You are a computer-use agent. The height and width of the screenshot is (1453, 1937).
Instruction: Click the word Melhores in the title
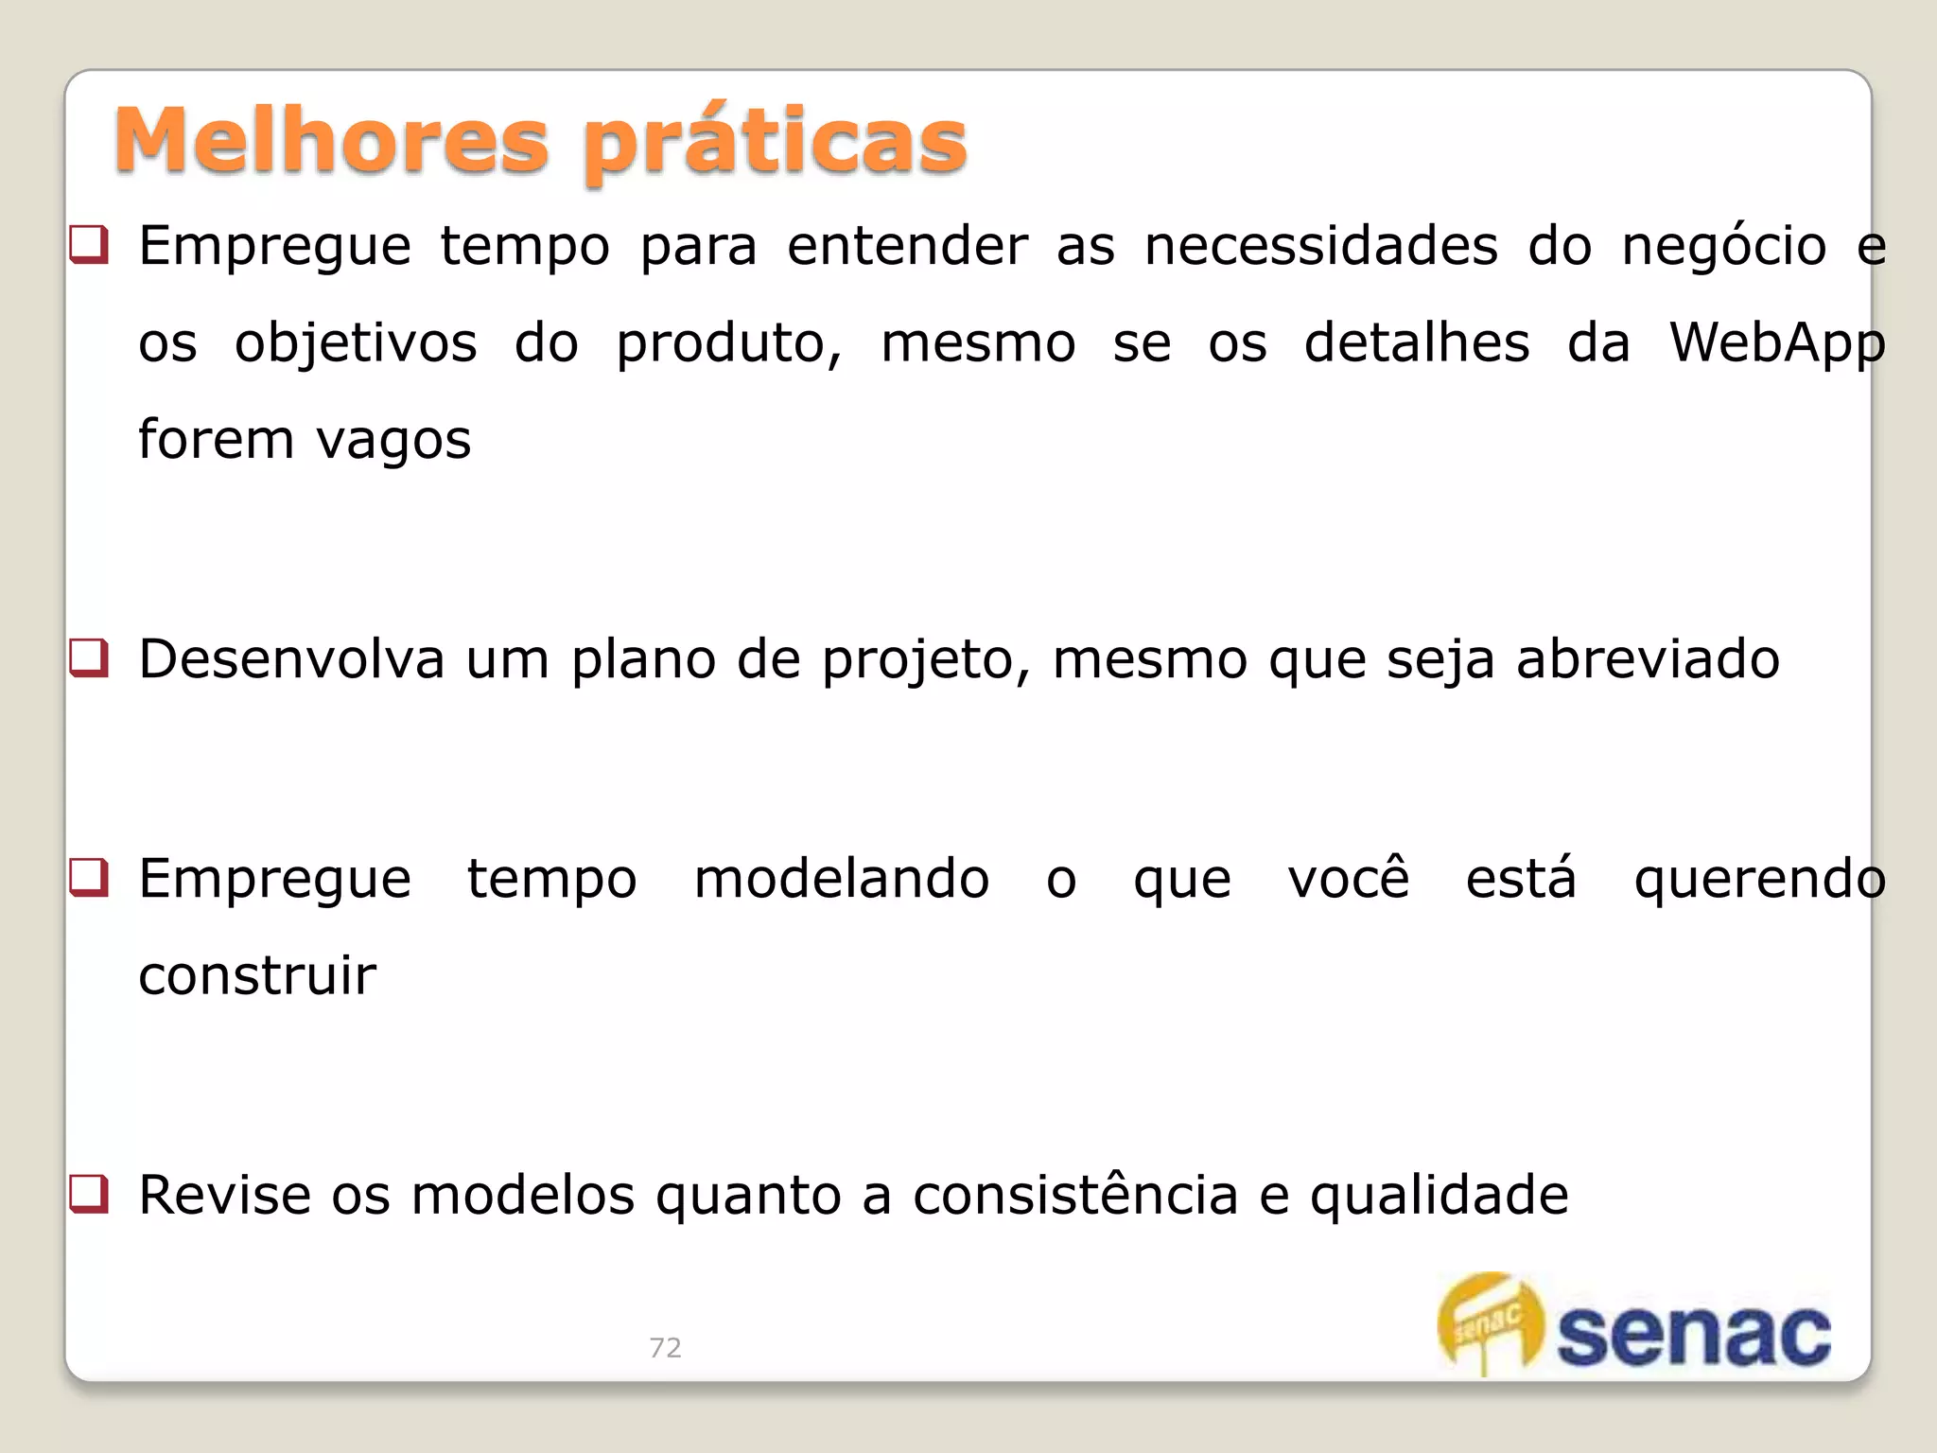click(x=331, y=142)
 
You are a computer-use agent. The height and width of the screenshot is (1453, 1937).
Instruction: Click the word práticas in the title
click(x=776, y=144)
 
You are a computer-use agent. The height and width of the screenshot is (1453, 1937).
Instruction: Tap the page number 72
click(x=665, y=1347)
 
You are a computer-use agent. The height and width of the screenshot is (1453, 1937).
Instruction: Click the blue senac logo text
click(x=1693, y=1334)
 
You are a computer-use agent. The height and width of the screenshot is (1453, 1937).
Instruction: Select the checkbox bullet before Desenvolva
click(x=90, y=658)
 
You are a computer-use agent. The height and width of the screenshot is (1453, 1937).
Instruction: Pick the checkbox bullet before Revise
click(x=90, y=1194)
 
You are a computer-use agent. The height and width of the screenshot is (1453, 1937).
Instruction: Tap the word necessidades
click(x=1321, y=246)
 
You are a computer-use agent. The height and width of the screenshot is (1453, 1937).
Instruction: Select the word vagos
click(x=393, y=441)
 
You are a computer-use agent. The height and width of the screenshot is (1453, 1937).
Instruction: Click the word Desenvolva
click(x=291, y=659)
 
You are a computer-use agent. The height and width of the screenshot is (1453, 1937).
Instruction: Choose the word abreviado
click(x=1648, y=659)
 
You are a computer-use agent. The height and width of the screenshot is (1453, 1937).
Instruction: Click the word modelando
click(x=842, y=879)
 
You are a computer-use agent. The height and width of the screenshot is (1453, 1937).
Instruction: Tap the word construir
click(x=257, y=975)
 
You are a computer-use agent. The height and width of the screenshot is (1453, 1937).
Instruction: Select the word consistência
click(x=1075, y=1195)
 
